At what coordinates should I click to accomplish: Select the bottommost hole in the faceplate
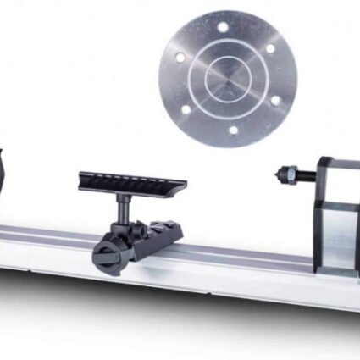[232, 130]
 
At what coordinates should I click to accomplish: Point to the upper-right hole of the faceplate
[270, 48]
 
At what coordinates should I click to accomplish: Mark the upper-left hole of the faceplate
[180, 57]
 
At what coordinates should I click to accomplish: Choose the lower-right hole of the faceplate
[274, 100]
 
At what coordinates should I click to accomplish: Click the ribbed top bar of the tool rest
[131, 181]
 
